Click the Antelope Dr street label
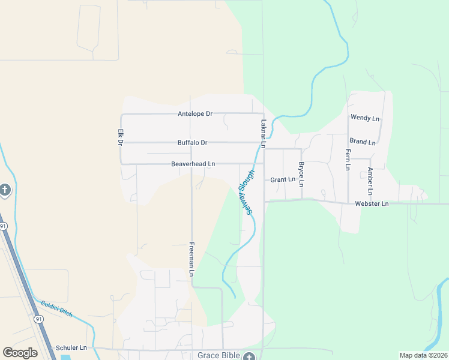tap(195, 114)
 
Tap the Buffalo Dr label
tap(192, 143)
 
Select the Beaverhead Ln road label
tap(193, 164)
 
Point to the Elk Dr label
tap(120, 137)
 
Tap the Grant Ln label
tap(283, 179)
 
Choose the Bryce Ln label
tap(301, 174)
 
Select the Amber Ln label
tap(370, 181)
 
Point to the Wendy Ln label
tap(365, 118)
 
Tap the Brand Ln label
tap(363, 142)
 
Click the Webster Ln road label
tap(372, 204)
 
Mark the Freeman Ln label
tap(192, 259)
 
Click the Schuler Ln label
tap(71, 347)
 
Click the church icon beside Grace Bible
tap(249, 356)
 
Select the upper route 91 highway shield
tap(4, 226)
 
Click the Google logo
tap(20, 353)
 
